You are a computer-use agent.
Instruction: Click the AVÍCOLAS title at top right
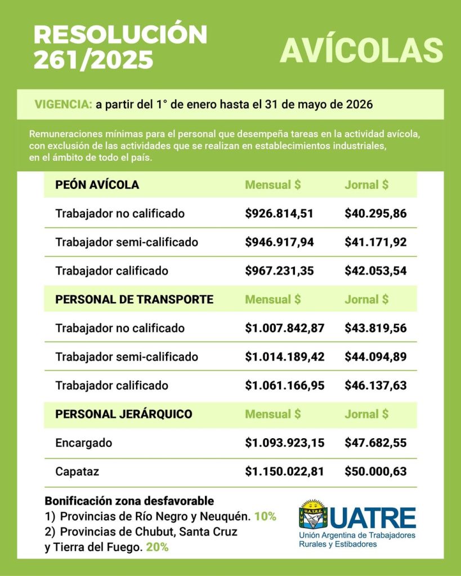pyautogui.click(x=361, y=50)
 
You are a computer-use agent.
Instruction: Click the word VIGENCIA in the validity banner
pyautogui.click(x=62, y=105)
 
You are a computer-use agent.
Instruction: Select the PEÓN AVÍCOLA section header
pyautogui.click(x=97, y=184)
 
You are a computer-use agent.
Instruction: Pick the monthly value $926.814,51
pyautogui.click(x=279, y=214)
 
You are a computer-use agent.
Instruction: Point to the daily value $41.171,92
pyautogui.click(x=375, y=242)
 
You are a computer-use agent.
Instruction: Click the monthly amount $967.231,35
pyautogui.click(x=279, y=271)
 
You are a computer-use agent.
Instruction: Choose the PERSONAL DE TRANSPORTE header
pyautogui.click(x=134, y=299)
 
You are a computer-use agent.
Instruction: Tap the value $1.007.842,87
pyautogui.click(x=284, y=328)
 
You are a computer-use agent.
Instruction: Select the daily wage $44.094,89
pyautogui.click(x=375, y=357)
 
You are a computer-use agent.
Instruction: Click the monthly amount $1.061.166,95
pyautogui.click(x=284, y=386)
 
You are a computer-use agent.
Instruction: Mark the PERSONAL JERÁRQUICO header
pyautogui.click(x=123, y=414)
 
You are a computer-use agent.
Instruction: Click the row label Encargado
pyautogui.click(x=83, y=443)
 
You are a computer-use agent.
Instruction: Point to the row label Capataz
pyautogui.click(x=78, y=471)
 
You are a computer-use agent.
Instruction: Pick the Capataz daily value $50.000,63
pyautogui.click(x=375, y=471)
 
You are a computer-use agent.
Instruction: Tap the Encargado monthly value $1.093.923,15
pyautogui.click(x=284, y=443)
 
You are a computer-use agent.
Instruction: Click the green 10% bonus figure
pyautogui.click(x=265, y=516)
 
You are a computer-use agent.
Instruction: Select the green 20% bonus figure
pyautogui.click(x=157, y=546)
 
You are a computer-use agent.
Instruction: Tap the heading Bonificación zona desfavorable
pyautogui.click(x=129, y=501)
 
